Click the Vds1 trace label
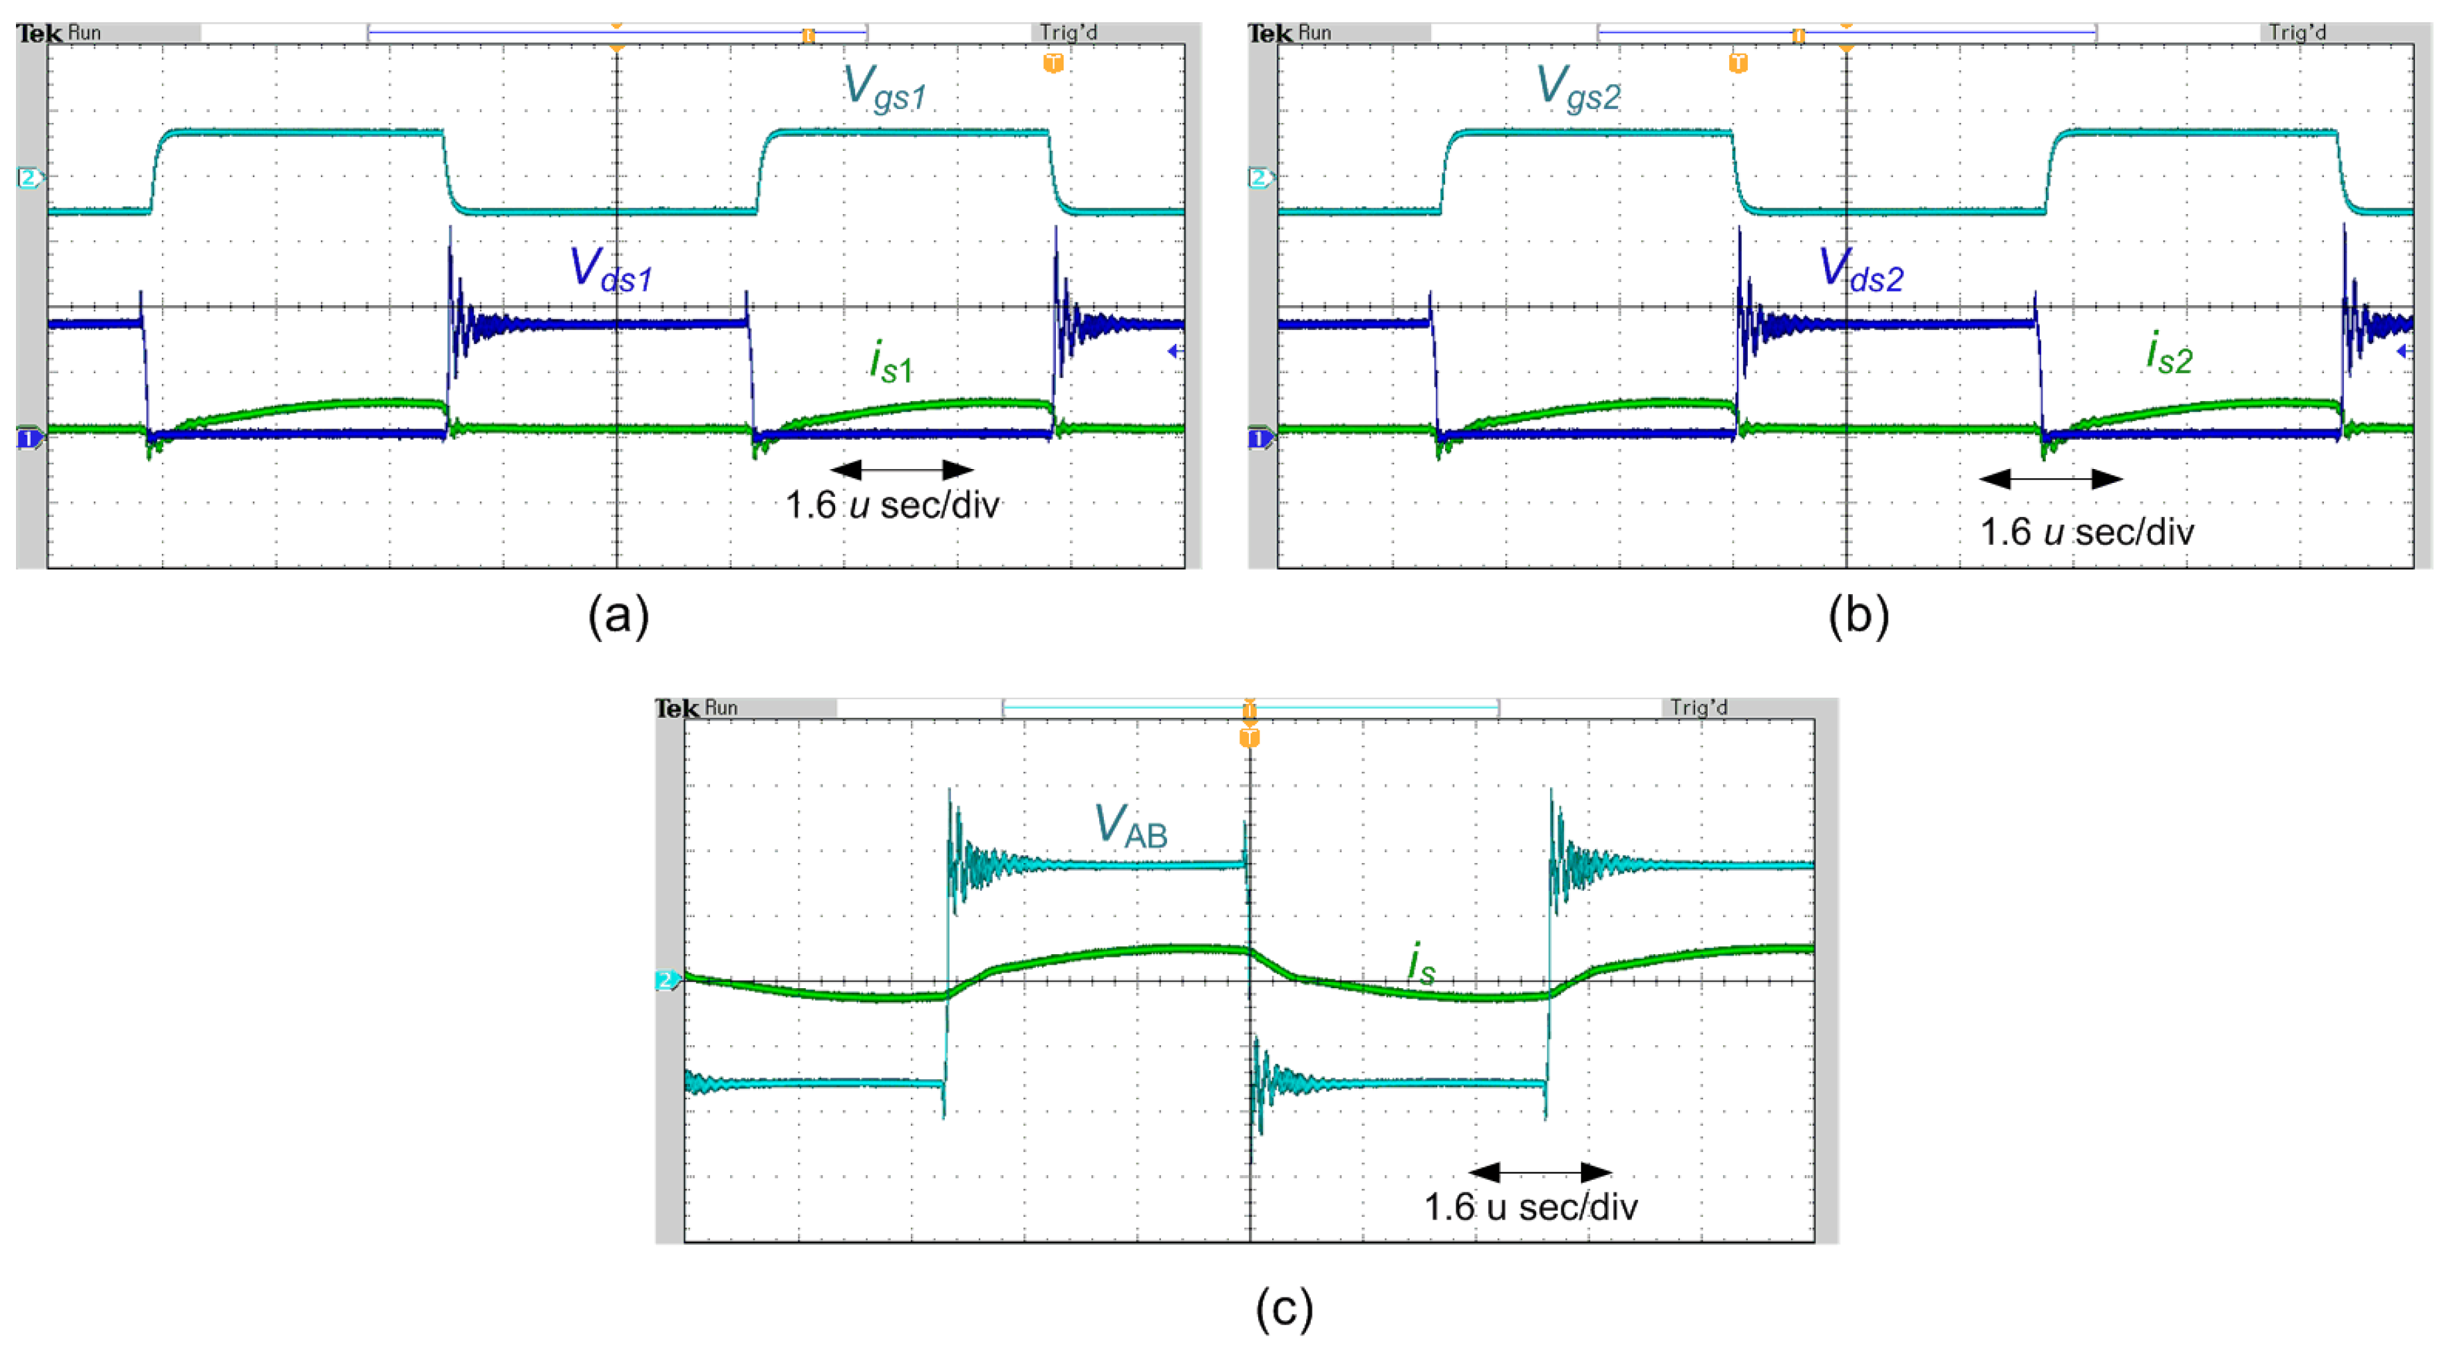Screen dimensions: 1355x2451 [x=611, y=270]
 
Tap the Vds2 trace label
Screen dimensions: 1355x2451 [x=1860, y=270]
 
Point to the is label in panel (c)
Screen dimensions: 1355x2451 [x=1421, y=963]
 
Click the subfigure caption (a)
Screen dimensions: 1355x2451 [x=618, y=616]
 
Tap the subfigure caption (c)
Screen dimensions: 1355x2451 [x=1284, y=1308]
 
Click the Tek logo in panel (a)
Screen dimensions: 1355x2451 [x=39, y=33]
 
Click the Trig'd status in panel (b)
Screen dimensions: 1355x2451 [x=2297, y=33]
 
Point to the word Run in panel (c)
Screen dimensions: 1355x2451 [x=720, y=708]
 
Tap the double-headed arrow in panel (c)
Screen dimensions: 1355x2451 [x=1540, y=1172]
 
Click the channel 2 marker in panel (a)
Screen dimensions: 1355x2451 [x=28, y=178]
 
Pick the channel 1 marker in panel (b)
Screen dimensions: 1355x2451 [x=1258, y=438]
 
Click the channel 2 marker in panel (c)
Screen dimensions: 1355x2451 [x=667, y=979]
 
